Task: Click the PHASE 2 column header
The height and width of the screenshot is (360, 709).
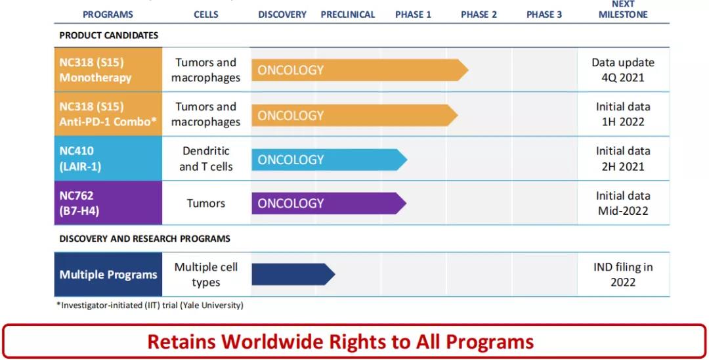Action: click(479, 14)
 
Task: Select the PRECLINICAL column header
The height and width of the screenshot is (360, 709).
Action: click(348, 14)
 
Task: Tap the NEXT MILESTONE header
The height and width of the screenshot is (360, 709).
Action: click(623, 9)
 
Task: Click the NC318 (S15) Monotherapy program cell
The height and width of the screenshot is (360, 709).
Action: click(108, 70)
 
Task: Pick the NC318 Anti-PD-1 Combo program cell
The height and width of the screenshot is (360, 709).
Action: click(108, 114)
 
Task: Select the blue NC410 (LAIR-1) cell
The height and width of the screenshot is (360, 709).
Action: click(108, 158)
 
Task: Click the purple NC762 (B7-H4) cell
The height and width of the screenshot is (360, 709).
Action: click(108, 203)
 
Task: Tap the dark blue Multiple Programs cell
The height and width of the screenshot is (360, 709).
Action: click(108, 275)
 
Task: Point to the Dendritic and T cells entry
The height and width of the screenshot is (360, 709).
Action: click(205, 159)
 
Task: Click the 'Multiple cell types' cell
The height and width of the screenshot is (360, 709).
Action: click(205, 275)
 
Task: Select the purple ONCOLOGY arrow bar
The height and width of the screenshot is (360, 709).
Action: click(329, 204)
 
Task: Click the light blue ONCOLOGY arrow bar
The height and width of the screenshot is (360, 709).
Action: click(329, 160)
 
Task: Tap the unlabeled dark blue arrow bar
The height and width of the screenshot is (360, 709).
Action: click(293, 275)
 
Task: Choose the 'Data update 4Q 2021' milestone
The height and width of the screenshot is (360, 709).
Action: click(622, 70)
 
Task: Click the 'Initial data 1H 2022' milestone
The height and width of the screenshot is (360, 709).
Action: click(622, 114)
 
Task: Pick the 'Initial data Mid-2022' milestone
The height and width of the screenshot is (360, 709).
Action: click(622, 203)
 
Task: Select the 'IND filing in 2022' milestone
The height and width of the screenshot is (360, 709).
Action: click(622, 275)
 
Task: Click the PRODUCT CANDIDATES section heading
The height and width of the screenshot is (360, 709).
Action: click(108, 35)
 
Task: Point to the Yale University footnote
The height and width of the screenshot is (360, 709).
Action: click(150, 305)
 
